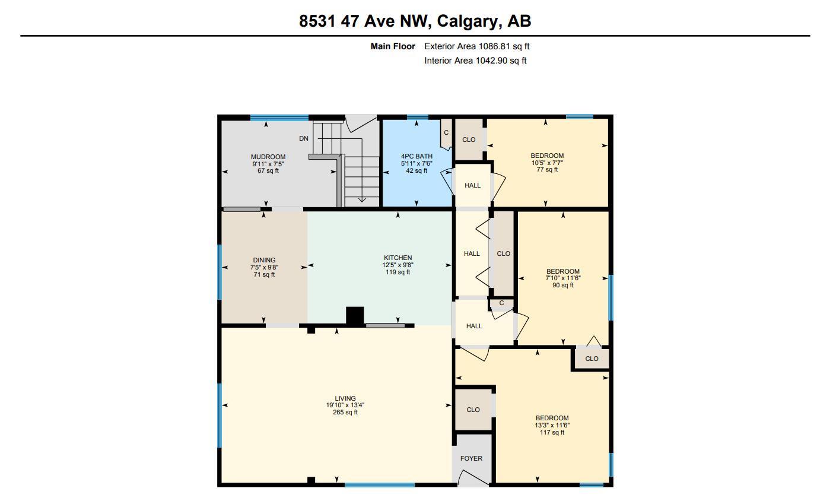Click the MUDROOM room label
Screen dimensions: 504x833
pos(268,157)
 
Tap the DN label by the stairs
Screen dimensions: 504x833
pos(304,139)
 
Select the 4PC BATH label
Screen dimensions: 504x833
pos(416,157)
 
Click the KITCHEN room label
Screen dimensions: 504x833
pos(398,258)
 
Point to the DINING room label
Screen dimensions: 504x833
pos(264,260)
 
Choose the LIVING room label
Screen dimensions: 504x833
pos(345,399)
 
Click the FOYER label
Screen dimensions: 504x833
pos(471,458)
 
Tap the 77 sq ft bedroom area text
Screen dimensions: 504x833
pos(547,170)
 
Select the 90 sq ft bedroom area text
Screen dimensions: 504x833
pos(562,286)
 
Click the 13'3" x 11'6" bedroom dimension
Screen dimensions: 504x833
pos(552,425)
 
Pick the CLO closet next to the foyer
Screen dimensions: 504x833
pos(473,410)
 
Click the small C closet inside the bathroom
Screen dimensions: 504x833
pos(446,133)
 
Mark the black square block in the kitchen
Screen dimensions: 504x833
pos(354,315)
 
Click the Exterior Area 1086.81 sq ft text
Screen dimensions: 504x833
pos(473,46)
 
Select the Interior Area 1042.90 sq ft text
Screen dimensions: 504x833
pos(475,61)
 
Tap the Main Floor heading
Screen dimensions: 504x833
pos(393,46)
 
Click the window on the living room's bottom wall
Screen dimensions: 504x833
pos(379,485)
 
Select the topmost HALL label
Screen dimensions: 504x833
pos(472,185)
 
